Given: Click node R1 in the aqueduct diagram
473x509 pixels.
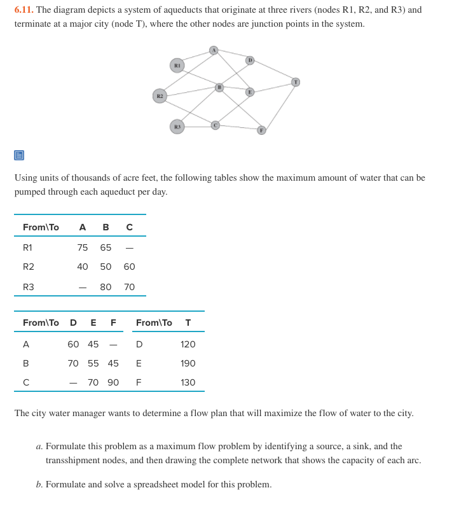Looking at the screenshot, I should (178, 65).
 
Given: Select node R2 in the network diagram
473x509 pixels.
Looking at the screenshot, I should (160, 96).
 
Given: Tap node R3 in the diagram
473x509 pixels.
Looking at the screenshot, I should (178, 127).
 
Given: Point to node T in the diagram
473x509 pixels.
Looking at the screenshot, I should (296, 81).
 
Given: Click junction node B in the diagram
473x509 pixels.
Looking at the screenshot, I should (219, 87).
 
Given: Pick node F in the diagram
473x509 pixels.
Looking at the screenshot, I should (261, 130).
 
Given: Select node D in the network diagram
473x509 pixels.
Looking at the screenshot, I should (250, 60).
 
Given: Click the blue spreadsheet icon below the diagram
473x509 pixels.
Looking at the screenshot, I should (19, 155).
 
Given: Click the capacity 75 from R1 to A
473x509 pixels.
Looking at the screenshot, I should (83, 248).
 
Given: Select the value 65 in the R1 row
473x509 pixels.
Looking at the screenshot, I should (106, 248).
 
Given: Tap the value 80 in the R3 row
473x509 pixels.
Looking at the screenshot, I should (106, 287).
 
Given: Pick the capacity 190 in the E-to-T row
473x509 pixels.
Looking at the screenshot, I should (188, 363).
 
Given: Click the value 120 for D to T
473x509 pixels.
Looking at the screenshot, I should (188, 344).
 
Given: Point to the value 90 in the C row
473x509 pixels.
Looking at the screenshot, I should (113, 382).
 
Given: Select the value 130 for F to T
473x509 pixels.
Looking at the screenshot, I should (188, 382).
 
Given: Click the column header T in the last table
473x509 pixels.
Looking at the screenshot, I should (188, 323).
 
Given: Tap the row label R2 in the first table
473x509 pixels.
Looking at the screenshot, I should (29, 267).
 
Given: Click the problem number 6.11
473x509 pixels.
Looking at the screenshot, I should (24, 10).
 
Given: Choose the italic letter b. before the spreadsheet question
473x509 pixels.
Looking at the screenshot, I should (39, 484).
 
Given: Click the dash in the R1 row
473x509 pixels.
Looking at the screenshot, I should (129, 248).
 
